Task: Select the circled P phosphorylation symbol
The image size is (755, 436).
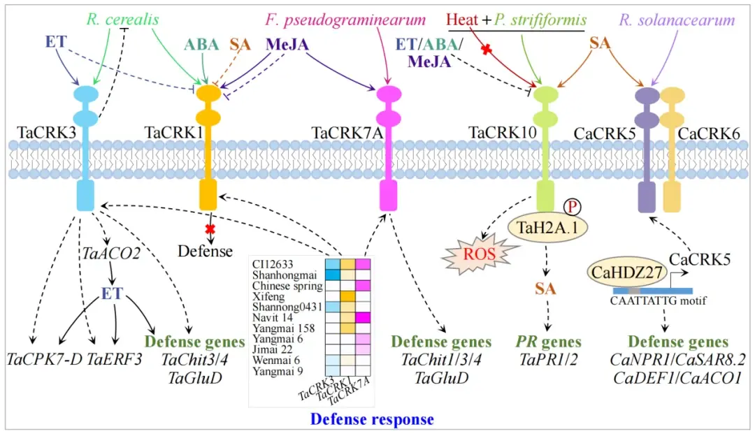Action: [x=571, y=207]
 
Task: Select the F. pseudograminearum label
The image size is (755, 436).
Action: [x=345, y=18]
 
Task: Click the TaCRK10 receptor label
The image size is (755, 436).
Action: [x=497, y=132]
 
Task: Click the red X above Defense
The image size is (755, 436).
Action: [x=208, y=228]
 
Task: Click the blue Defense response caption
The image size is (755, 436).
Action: [x=371, y=419]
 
